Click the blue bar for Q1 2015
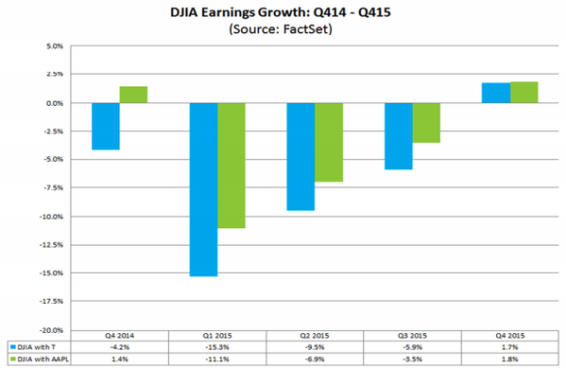point(203,190)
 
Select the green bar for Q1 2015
point(232,166)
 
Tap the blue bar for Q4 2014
point(106,126)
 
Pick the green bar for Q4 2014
point(133,95)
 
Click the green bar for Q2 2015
point(329,143)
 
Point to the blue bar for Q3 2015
point(399,136)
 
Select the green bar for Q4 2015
point(524,93)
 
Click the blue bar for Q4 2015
point(496,93)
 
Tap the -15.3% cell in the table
point(217,347)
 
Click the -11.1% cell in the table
point(217,359)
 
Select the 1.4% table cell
point(119,359)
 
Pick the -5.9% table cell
point(412,347)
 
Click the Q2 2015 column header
point(315,336)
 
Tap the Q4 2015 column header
point(509,336)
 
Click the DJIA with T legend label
point(37,347)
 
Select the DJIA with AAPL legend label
point(43,359)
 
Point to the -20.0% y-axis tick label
point(51,330)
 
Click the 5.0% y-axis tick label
point(55,46)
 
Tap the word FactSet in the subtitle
point(307,28)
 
